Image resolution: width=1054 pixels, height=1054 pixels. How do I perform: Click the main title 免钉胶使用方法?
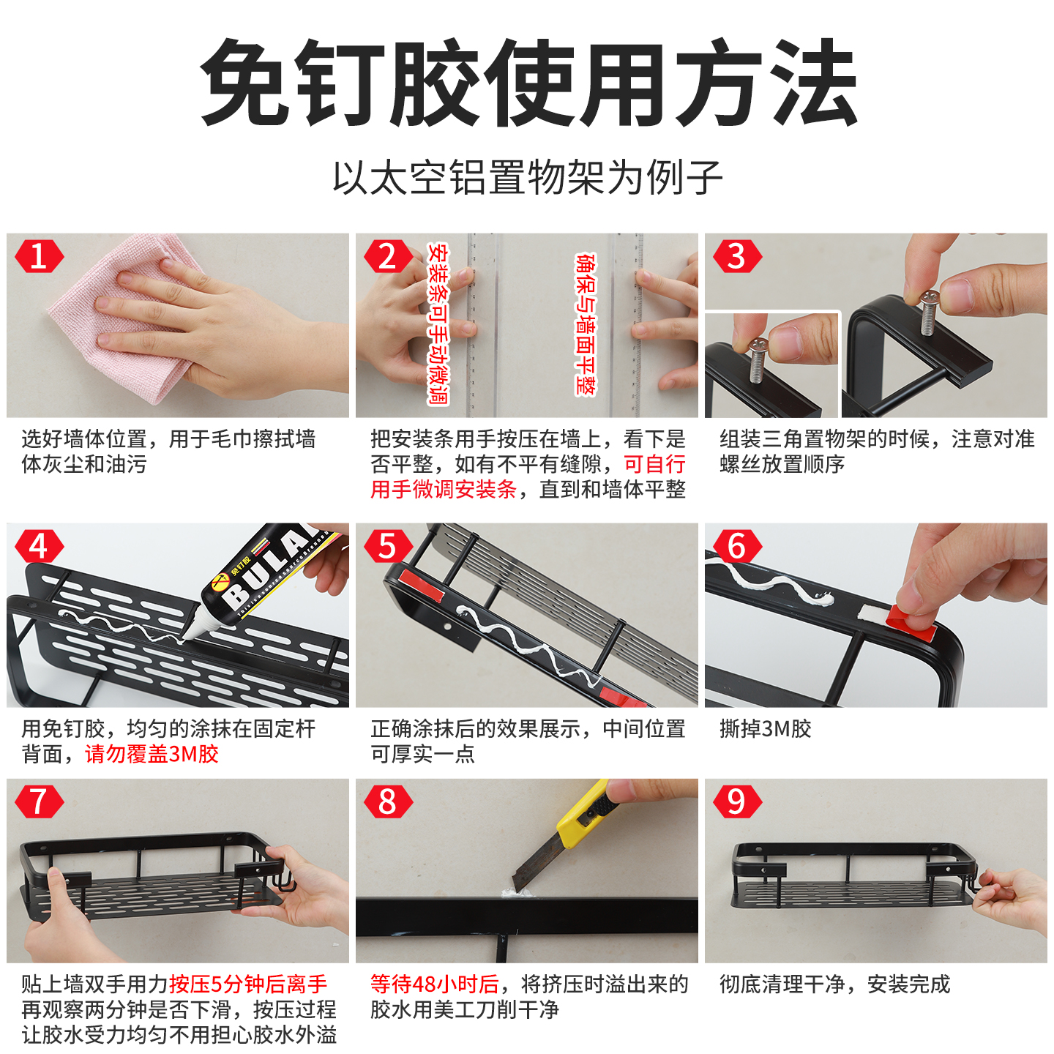[527, 82]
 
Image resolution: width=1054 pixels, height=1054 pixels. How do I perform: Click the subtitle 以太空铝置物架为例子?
[527, 178]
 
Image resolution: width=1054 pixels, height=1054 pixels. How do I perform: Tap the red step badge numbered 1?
[39, 257]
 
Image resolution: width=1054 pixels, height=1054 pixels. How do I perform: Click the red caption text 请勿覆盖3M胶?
[152, 754]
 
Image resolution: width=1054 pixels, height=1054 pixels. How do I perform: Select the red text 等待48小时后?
[435, 984]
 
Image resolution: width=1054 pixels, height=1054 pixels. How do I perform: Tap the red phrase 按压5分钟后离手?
[248, 984]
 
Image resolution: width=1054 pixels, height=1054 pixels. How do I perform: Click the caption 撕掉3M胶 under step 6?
[765, 729]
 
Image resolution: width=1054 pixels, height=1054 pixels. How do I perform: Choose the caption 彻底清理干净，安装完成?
[834, 984]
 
